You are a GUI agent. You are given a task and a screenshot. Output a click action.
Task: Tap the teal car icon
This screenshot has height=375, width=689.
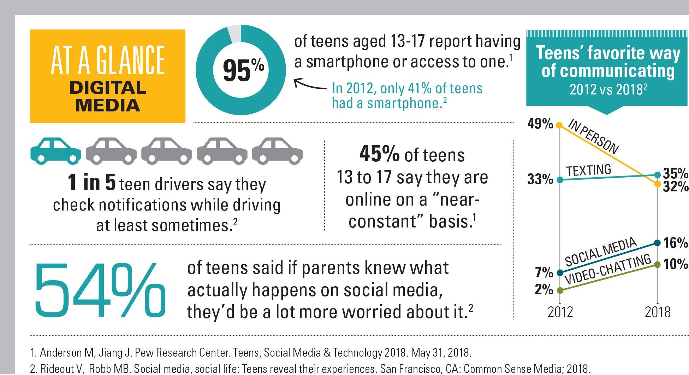[55, 151]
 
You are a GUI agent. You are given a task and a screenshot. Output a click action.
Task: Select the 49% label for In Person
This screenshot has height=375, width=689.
[540, 124]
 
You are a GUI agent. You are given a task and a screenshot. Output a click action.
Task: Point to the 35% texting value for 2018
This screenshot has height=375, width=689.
[675, 174]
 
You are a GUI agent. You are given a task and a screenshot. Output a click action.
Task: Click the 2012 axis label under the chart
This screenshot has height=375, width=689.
[560, 312]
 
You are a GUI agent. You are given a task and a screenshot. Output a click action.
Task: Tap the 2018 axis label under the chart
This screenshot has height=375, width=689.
[657, 312]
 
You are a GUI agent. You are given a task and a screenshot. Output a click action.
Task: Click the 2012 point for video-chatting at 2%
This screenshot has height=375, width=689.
[559, 290]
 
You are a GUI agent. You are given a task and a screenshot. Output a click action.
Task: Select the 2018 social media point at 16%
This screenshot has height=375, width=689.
[657, 243]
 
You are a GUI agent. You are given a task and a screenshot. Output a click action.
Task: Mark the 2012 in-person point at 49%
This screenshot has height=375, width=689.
[559, 125]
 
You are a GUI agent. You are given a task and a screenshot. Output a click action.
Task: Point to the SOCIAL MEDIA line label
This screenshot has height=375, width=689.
[601, 252]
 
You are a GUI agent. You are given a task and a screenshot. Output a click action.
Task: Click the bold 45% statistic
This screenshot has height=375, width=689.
[380, 155]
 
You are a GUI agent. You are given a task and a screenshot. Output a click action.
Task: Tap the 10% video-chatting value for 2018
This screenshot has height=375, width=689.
[675, 264]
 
